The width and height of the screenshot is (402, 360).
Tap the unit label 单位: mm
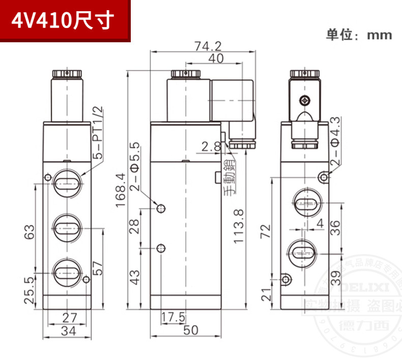(x=359, y=35)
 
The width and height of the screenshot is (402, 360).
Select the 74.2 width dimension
(x=208, y=46)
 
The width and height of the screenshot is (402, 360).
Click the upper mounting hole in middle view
(x=161, y=208)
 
